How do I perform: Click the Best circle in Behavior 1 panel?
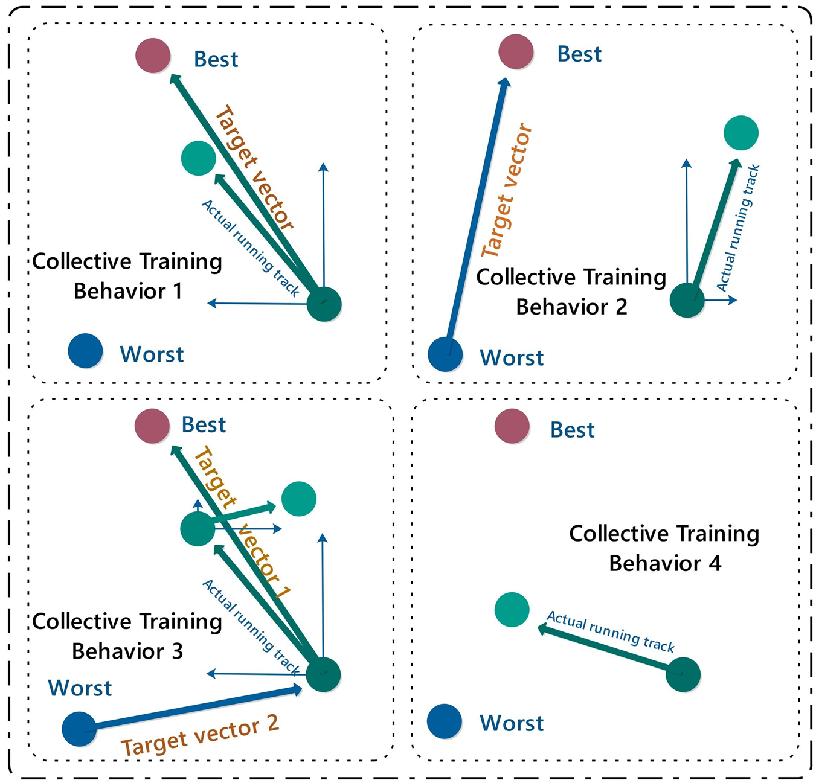(153, 56)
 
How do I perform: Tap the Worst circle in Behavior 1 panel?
(85, 351)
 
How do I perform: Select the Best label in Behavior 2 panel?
(579, 54)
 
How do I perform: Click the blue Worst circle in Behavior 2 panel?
(445, 354)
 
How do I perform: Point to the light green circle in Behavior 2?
(741, 133)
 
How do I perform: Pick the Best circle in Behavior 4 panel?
(512, 426)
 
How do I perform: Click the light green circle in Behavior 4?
(512, 610)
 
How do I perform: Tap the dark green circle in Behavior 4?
(683, 674)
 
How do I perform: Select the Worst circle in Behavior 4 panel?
(445, 721)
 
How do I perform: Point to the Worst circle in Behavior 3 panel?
(79, 729)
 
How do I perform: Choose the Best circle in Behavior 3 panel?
(152, 426)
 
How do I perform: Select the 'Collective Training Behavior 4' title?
(664, 548)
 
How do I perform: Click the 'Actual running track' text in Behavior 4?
(610, 631)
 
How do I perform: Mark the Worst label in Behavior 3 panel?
(80, 688)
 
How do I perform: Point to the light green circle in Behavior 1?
(198, 158)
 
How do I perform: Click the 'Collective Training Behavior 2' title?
(571, 292)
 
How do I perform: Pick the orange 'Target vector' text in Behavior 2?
(507, 190)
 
